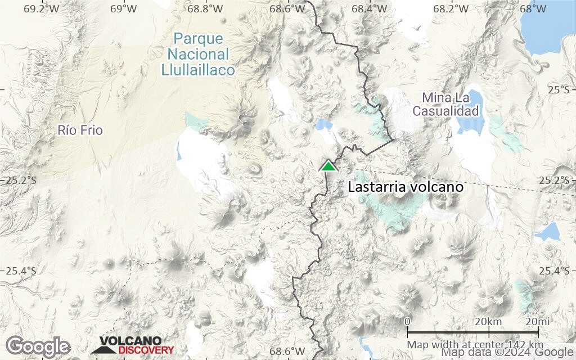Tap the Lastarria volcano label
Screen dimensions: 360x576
point(406,187)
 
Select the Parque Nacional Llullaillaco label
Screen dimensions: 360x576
point(198,55)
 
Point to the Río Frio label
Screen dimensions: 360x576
point(80,130)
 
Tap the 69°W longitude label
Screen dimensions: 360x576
point(124,9)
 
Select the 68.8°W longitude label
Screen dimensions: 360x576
point(206,9)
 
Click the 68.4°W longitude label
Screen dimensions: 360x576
point(369,9)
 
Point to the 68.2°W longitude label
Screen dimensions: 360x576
point(451,9)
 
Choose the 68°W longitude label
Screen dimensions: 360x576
point(533,9)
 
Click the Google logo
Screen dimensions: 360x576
point(38,346)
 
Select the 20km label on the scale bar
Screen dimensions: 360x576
point(488,322)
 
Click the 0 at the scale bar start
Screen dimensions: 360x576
point(407,322)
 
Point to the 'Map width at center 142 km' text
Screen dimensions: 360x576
point(475,344)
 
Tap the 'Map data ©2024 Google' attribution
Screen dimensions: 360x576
point(508,353)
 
